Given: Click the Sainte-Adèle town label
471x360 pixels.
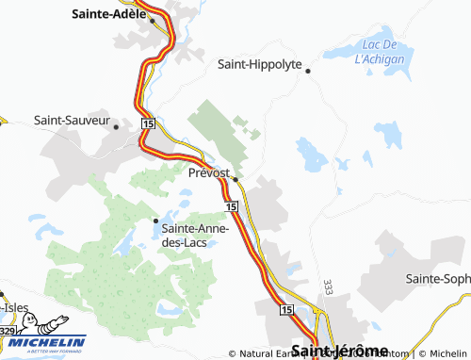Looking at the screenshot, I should (108, 14).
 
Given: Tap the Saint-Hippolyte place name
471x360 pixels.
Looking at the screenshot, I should (259, 65).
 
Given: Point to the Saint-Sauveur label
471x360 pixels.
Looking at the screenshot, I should (70, 121).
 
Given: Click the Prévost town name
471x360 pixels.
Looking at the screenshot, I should (209, 172).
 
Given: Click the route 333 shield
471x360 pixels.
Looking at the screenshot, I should (328, 286).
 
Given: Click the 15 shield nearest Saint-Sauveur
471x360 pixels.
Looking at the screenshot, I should (148, 123).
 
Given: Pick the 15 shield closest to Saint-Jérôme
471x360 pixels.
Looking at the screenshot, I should (286, 309).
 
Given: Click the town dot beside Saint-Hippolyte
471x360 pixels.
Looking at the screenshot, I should (307, 70).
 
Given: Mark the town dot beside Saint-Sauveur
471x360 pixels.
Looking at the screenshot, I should (115, 124).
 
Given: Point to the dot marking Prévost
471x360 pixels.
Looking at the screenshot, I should (235, 177).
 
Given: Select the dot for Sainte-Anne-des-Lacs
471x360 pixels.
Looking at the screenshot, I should (155, 221).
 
